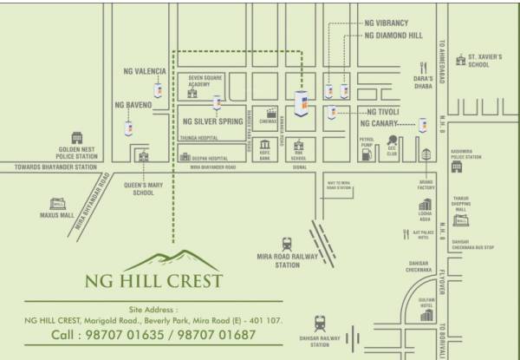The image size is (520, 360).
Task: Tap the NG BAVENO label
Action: (133, 105)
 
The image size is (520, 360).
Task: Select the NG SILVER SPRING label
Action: (213, 123)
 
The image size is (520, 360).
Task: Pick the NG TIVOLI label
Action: (383, 112)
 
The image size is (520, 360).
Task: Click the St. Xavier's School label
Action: (484, 60)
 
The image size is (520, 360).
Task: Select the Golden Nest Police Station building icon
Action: (75, 138)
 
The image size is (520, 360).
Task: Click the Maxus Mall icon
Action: (58, 203)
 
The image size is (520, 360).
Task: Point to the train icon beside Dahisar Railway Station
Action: (321, 321)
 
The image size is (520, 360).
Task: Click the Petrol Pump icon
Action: (367, 154)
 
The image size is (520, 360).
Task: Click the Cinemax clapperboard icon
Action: (273, 111)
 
